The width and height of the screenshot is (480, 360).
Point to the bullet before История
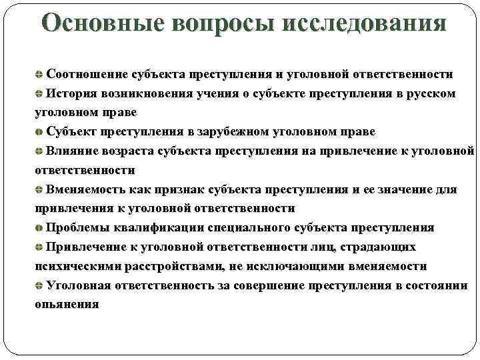(x=39, y=93)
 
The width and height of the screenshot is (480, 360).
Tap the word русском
(x=430, y=93)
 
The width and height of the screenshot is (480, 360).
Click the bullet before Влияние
(x=39, y=151)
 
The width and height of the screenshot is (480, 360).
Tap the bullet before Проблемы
(x=39, y=228)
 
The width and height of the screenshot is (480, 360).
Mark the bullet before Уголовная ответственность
(x=39, y=285)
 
